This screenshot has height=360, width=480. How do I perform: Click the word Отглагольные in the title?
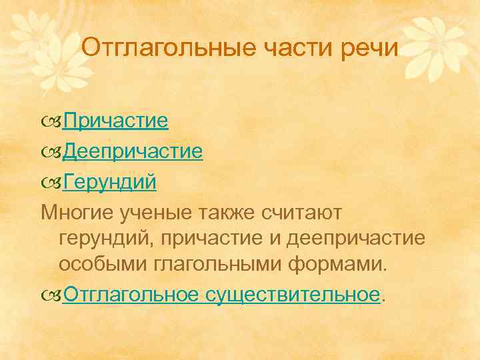pyautogui.click(x=162, y=49)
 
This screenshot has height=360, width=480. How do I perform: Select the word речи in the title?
pyautogui.click(x=369, y=49)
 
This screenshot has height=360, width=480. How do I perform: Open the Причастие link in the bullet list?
pyautogui.click(x=115, y=121)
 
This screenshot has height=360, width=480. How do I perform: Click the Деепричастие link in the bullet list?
pyautogui.click(x=133, y=152)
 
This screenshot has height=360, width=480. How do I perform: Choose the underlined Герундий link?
pyautogui.click(x=109, y=182)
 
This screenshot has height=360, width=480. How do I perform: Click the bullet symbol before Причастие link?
pyautogui.click(x=51, y=122)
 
